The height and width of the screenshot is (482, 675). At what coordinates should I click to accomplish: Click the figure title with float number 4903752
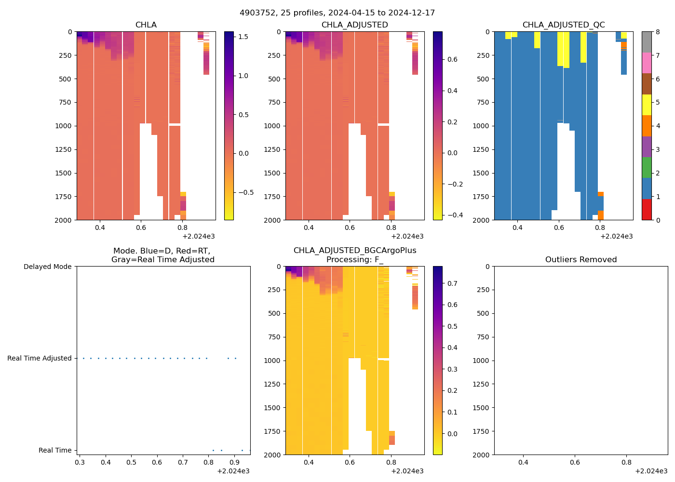pos(337,13)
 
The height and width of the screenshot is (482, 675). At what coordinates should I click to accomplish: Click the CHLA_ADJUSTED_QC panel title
pos(563,25)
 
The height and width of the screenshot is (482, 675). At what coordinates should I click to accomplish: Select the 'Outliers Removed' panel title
pos(580,260)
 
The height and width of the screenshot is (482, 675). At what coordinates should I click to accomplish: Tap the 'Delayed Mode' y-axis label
pos(47,267)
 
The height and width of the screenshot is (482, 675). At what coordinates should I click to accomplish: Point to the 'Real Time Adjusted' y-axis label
pos(39,358)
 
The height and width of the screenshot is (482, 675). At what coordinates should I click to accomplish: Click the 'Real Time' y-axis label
pos(55,450)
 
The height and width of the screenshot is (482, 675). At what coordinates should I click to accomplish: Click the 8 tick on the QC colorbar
pos(657,32)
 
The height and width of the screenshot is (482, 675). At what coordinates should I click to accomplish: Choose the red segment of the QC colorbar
pos(647,210)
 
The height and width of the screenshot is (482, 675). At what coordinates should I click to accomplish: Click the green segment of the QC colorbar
pos(647,167)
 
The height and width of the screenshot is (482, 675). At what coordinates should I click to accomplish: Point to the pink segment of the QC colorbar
pos(647,63)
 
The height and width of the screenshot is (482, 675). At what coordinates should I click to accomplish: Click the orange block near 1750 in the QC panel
pos(600,194)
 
